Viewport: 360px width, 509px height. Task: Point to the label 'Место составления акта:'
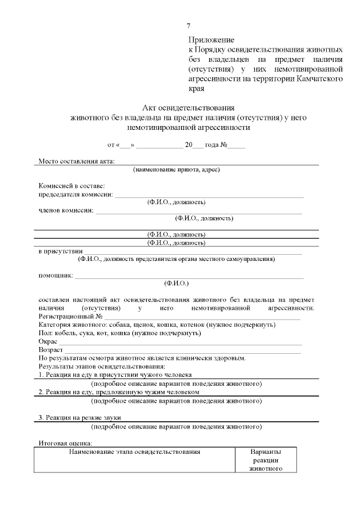(x=76, y=162)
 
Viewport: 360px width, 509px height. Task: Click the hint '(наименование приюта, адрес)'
(x=176, y=169)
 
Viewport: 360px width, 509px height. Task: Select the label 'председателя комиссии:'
(x=75, y=195)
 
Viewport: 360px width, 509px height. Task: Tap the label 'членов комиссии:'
(x=66, y=211)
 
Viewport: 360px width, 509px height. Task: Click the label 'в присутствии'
(x=61, y=251)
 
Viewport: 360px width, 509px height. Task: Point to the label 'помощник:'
(x=55, y=276)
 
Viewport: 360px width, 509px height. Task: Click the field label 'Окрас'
(x=48, y=341)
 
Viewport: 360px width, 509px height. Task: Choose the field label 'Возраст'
(x=51, y=350)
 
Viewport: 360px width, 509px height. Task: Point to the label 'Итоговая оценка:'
(x=65, y=444)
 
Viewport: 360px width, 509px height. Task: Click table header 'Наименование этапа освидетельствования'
(x=134, y=452)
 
